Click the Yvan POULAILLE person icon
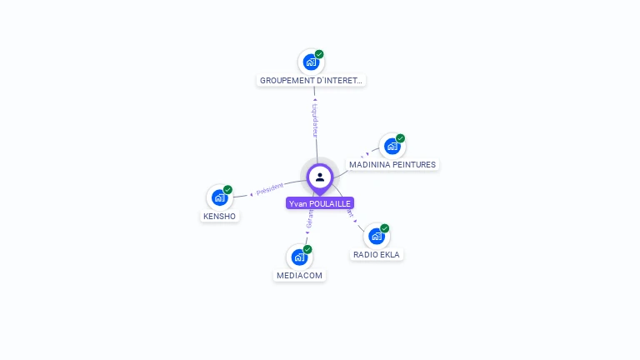pos(320,177)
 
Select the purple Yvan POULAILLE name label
pos(320,203)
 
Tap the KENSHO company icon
pos(219,197)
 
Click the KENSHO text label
pos(219,217)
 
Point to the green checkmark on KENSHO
pos(227,190)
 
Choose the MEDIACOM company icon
pos(299,257)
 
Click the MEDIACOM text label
pos(299,276)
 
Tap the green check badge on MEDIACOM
pos(307,249)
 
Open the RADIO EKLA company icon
pos(377,236)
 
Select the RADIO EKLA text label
pos(377,255)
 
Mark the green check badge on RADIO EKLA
pos(385,228)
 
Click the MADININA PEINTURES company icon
pos(392,146)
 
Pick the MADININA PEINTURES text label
pos(392,165)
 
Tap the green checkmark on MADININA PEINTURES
pos(400,138)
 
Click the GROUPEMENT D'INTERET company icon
pos(311,62)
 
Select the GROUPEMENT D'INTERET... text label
pos(312,81)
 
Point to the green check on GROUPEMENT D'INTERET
pos(319,54)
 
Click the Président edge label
pos(270,189)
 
